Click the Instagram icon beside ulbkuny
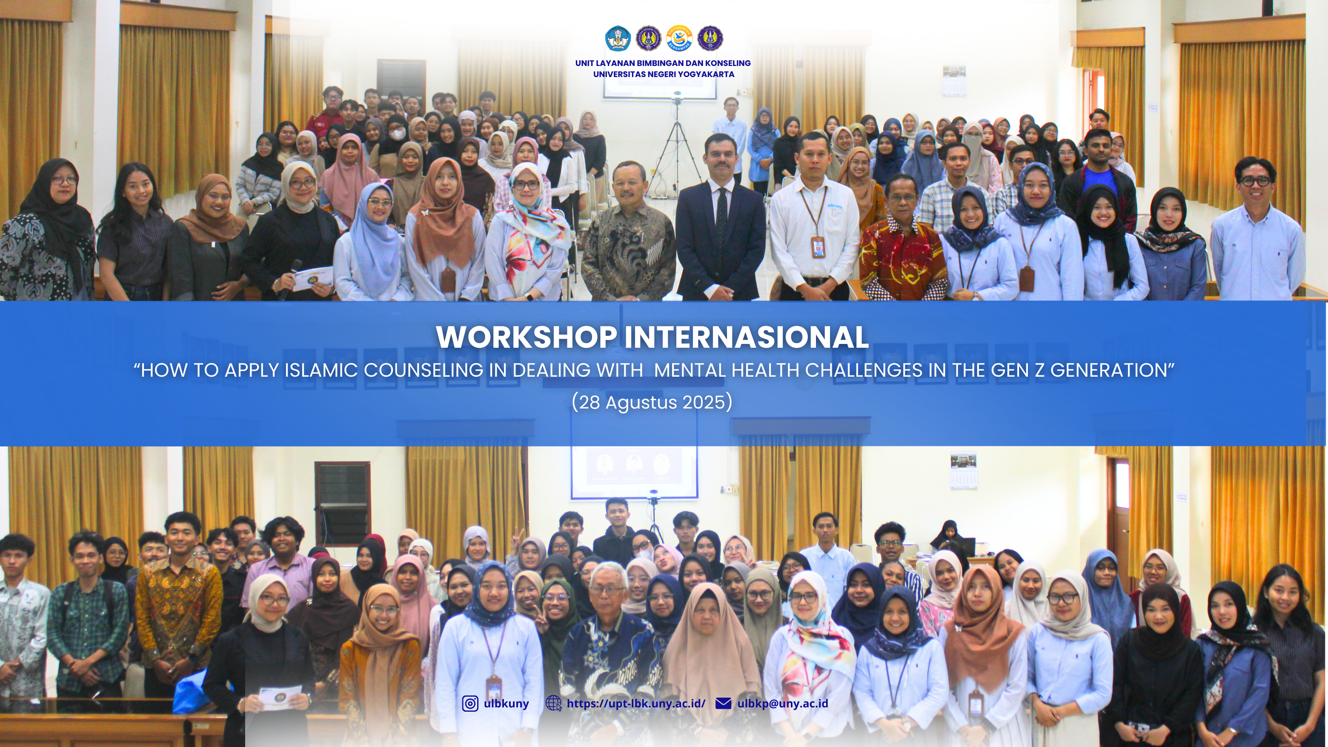[x=469, y=704]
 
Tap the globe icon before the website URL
[x=553, y=704]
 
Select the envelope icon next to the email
[x=723, y=704]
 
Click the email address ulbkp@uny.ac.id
[x=783, y=704]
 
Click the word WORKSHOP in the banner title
[x=527, y=337]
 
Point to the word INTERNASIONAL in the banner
[x=747, y=337]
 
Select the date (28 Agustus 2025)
[x=652, y=402]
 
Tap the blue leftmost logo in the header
[x=618, y=38]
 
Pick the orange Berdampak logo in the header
[x=679, y=38]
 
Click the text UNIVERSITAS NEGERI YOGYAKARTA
[x=664, y=74]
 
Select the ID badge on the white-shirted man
[x=818, y=247]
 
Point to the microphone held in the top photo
[x=291, y=278]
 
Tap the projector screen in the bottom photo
[x=634, y=472]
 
